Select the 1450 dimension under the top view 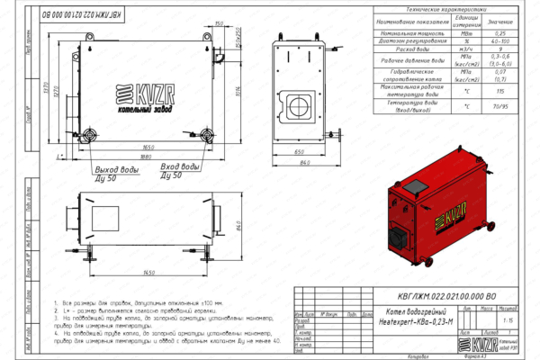(137, 273)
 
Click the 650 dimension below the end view (299, 152)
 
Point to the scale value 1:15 (509, 319)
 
